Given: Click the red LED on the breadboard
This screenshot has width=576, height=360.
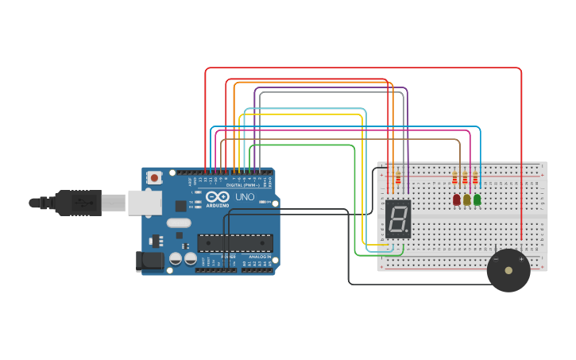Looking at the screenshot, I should (x=456, y=199).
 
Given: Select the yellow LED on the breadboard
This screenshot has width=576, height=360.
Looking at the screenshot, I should (x=466, y=199).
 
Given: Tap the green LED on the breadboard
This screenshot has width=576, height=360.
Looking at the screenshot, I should (x=477, y=199).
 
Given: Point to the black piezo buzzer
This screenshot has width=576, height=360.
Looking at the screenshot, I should (x=508, y=271).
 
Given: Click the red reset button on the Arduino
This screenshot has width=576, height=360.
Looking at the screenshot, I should (x=154, y=178).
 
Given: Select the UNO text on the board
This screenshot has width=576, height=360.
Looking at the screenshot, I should (x=244, y=196).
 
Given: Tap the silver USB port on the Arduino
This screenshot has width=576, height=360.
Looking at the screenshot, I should (x=144, y=203).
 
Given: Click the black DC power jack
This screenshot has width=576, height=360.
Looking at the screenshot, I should (x=148, y=261).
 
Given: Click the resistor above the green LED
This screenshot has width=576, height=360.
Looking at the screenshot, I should (x=475, y=178).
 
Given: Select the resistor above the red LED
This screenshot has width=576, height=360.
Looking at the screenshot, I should (x=455, y=178).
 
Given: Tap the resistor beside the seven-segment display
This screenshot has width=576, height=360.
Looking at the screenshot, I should (x=397, y=180).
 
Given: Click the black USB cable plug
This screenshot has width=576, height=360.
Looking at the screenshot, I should (x=79, y=203).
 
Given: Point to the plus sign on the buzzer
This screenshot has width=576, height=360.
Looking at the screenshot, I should (x=521, y=258).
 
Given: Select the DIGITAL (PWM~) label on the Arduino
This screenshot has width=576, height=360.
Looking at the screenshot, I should (x=243, y=185).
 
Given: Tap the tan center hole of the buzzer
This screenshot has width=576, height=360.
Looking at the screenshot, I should (x=508, y=271).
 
